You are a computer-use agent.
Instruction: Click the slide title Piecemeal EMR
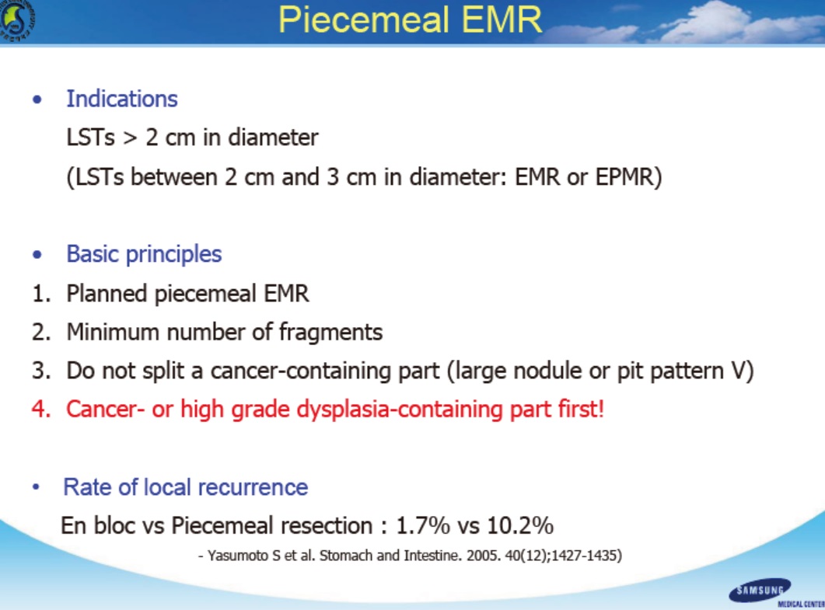[410, 20]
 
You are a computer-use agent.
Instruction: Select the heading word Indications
[122, 99]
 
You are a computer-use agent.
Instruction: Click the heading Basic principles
[144, 254]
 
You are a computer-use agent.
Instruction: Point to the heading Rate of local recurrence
[185, 487]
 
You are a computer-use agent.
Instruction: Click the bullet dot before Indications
[37, 99]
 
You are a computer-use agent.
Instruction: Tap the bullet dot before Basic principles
[37, 255]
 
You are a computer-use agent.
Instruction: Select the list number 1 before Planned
[41, 294]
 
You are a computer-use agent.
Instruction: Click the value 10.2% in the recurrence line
[520, 525]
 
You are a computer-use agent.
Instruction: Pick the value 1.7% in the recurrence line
[423, 525]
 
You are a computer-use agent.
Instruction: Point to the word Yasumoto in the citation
[238, 556]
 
